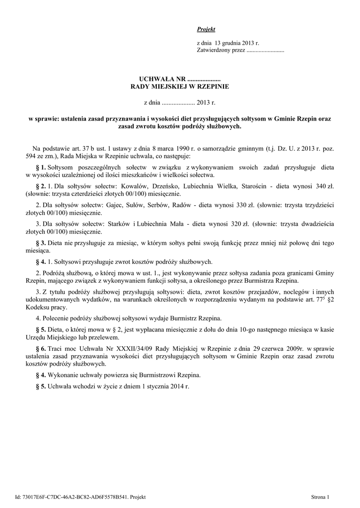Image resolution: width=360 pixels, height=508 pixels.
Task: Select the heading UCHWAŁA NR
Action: [161, 79]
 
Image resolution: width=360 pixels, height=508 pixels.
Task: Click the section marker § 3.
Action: [42, 243]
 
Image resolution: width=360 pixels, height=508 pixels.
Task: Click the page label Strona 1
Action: [320, 497]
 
